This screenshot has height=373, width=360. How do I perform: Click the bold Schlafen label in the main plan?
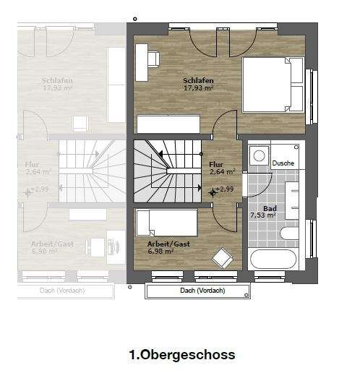pyautogui.click(x=198, y=80)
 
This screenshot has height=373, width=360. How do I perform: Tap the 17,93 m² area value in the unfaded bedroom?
pyautogui.click(x=198, y=88)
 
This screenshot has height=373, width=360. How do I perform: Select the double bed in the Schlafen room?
pyautogui.click(x=273, y=85)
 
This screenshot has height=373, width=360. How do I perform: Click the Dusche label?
pyautogui.click(x=283, y=163)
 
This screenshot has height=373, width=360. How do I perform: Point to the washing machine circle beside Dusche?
pyautogui.click(x=259, y=155)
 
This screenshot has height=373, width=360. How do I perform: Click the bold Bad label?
pyautogui.click(x=270, y=207)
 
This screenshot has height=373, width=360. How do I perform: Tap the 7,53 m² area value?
pyautogui.click(x=262, y=215)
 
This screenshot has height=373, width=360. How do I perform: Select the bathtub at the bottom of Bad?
pyautogui.click(x=273, y=259)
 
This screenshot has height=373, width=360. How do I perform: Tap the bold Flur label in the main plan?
pyautogui.click(x=216, y=164)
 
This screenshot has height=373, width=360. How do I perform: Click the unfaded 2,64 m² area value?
pyautogui.click(x=222, y=172)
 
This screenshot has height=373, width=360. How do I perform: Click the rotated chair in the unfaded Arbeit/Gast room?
pyautogui.click(x=222, y=257)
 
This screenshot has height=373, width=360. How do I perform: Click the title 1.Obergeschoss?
pyautogui.click(x=181, y=355)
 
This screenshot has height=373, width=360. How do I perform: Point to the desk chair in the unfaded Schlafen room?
pyautogui.click(x=154, y=56)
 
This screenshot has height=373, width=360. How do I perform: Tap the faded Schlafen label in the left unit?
pyautogui.click(x=56, y=80)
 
